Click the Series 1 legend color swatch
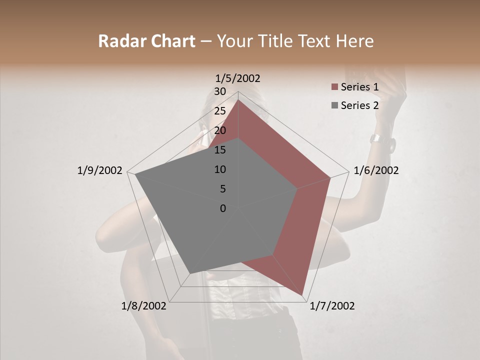(x=334, y=87)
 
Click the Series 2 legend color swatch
(x=334, y=105)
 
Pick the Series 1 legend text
(x=359, y=87)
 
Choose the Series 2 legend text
(x=359, y=105)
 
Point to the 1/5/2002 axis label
(x=237, y=78)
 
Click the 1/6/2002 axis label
(x=376, y=170)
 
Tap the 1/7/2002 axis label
(x=332, y=306)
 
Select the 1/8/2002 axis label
(x=144, y=306)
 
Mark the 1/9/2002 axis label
(x=99, y=170)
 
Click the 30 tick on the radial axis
(x=219, y=91)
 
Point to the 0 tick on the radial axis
(x=223, y=208)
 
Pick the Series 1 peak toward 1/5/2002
(x=238, y=100)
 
